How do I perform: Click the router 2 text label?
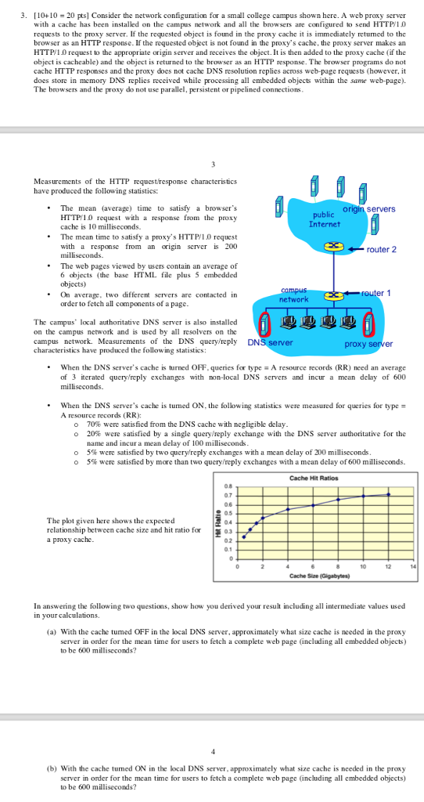coord(382,249)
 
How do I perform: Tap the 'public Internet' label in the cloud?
coord(324,219)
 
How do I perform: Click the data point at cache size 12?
coord(390,493)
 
